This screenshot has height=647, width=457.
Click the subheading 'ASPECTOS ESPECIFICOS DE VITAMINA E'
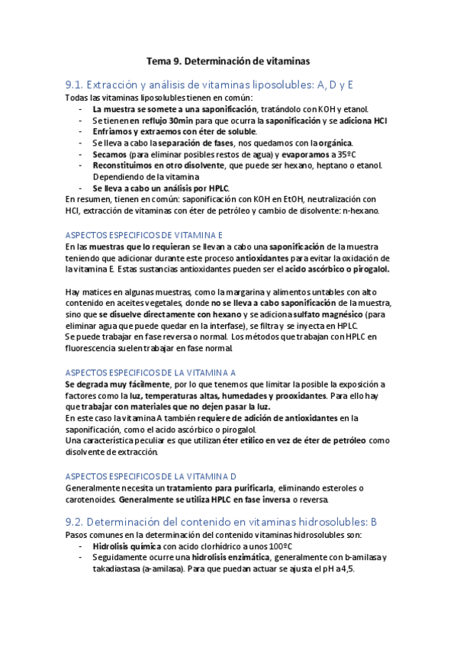[x=143, y=236]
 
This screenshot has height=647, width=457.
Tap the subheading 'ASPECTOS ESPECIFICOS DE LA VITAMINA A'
[x=150, y=372]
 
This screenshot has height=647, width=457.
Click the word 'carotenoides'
[x=91, y=500]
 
